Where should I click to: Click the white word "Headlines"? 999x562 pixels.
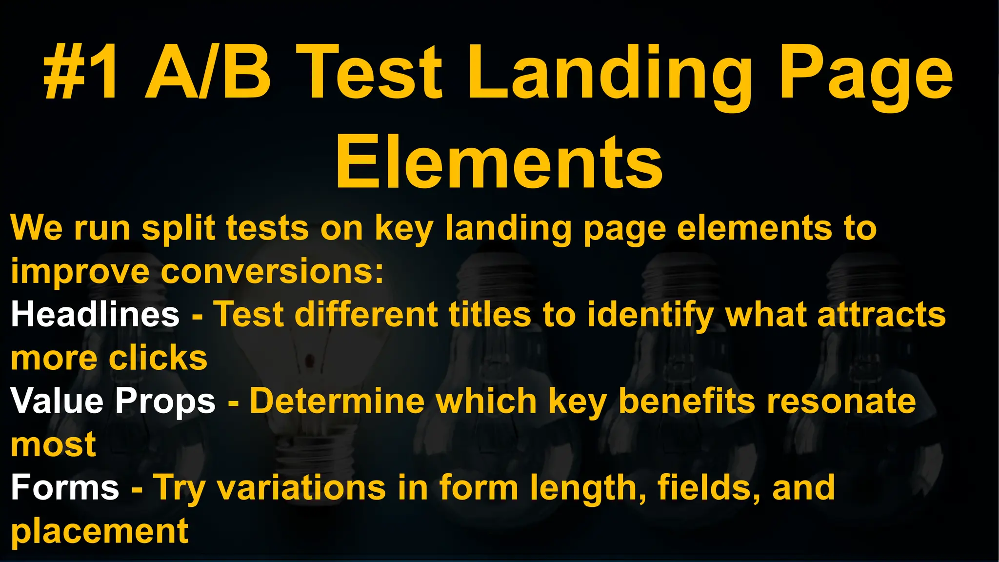click(95, 314)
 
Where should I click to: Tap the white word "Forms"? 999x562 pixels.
click(65, 487)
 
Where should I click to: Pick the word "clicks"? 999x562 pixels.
click(158, 358)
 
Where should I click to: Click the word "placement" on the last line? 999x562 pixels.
click(100, 531)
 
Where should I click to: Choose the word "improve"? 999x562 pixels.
click(80, 272)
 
